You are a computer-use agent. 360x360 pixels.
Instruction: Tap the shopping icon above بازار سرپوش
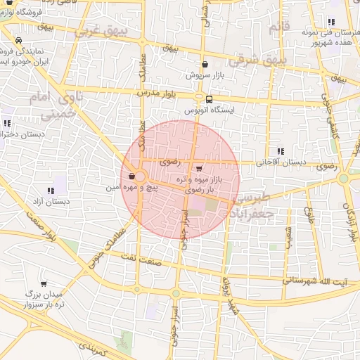tap(204, 64)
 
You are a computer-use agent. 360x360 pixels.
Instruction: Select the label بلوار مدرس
tap(156, 92)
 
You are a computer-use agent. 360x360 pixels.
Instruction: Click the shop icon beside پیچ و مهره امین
tap(132, 176)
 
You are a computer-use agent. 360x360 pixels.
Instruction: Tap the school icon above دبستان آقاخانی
tap(281, 150)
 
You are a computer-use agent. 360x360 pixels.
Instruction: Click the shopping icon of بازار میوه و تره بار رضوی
tap(199, 168)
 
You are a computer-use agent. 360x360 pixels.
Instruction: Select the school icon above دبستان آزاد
tap(50, 191)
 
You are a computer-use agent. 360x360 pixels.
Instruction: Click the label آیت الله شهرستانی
tap(314, 280)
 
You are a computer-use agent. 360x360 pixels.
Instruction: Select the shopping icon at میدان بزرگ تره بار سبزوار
tap(43, 284)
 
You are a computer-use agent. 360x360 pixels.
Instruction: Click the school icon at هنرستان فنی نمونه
tap(330, 22)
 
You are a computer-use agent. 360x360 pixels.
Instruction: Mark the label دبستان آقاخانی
tap(281, 162)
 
